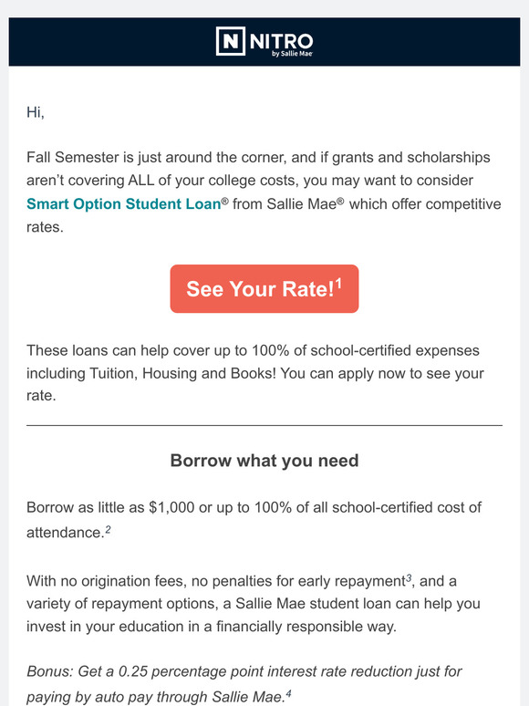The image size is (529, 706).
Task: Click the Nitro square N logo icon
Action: (x=231, y=41)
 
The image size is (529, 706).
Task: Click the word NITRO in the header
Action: (x=280, y=39)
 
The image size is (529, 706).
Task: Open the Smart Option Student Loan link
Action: (x=124, y=204)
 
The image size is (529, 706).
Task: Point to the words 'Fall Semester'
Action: (x=74, y=157)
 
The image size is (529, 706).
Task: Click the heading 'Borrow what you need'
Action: (x=264, y=461)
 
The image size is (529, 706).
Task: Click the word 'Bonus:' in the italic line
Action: (x=52, y=671)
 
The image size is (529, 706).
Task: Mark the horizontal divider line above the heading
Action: (x=264, y=425)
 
